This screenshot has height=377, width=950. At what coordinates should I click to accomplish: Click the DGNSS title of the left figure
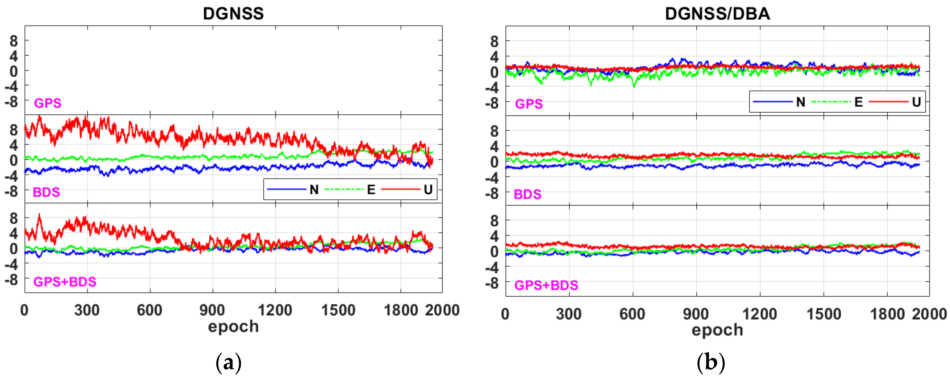[x=233, y=14]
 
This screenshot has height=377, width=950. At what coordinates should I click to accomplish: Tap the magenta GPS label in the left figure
[x=48, y=103]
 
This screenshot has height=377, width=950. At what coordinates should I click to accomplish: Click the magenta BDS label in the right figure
[x=527, y=194]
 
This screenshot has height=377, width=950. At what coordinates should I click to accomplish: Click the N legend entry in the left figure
[x=314, y=190]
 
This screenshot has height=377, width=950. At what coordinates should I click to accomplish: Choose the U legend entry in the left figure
[x=428, y=190]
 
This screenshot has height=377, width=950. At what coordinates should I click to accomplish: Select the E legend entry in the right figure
[x=858, y=102]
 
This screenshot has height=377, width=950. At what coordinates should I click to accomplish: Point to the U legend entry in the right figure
[x=916, y=102]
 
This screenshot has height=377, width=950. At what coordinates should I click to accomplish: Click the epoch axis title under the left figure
[x=233, y=326]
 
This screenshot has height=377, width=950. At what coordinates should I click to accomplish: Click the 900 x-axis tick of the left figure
[x=212, y=310]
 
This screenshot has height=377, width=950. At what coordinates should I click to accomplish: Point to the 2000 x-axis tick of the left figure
[x=442, y=310]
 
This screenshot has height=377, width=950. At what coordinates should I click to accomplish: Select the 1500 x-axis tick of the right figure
[x=823, y=314]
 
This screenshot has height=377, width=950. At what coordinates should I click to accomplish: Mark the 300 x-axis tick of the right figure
[x=569, y=314]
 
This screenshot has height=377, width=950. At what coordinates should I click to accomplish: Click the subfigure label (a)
[x=229, y=363]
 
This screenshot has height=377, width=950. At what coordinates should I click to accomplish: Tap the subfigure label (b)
[x=711, y=363]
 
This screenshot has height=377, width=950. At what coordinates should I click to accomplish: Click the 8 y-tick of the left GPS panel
[x=14, y=41]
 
